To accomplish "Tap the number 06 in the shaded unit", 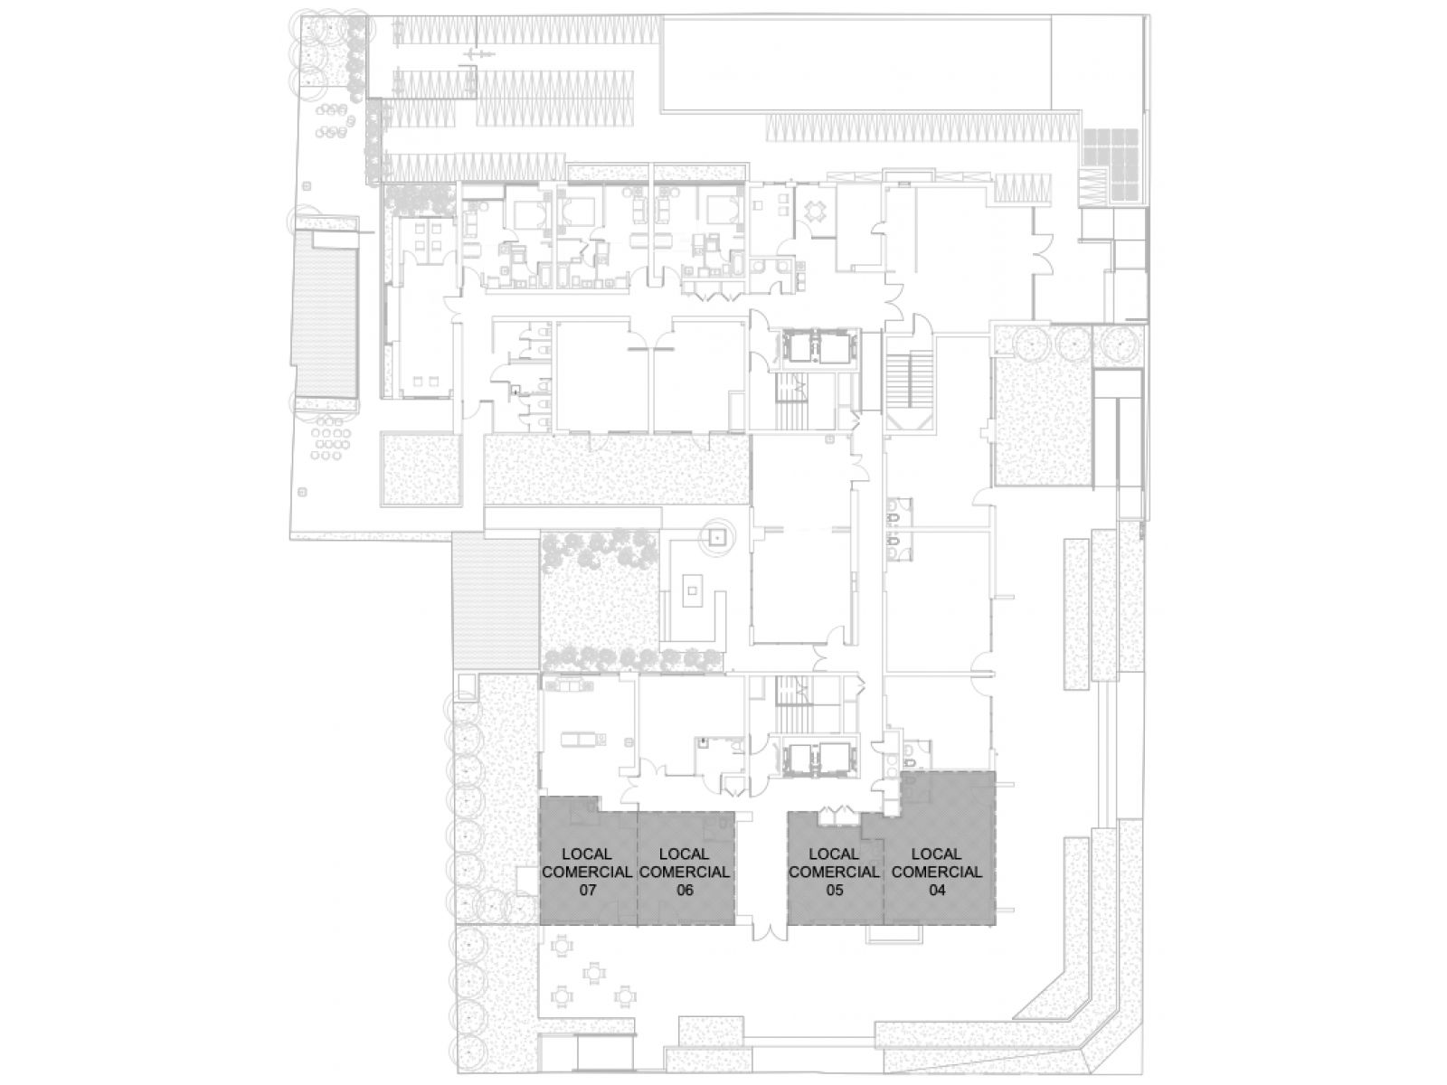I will coord(684,890).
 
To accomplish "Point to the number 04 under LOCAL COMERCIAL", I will coord(936,890).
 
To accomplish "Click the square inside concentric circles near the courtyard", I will coord(716,537).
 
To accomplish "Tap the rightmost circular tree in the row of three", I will coord(1116,344).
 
